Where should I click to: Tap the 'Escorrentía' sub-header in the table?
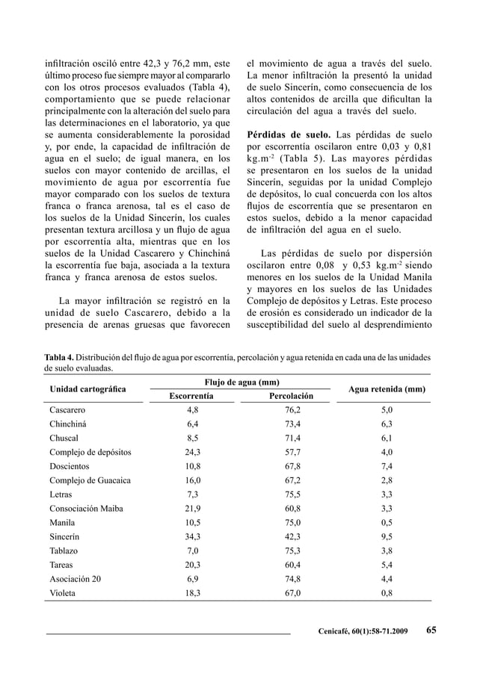[x=193, y=395]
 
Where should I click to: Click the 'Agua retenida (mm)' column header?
[x=387, y=389]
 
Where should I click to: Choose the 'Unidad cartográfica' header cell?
[x=88, y=389]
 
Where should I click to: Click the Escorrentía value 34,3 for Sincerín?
[x=192, y=536]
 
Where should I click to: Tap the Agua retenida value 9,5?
[x=387, y=536]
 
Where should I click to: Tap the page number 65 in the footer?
[x=431, y=630]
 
